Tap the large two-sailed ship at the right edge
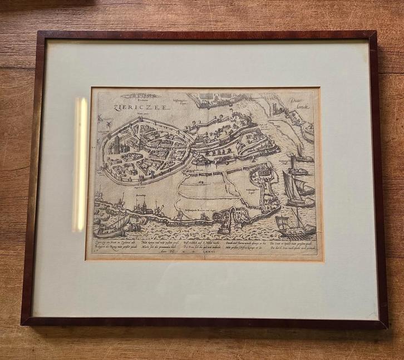click(296, 184)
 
